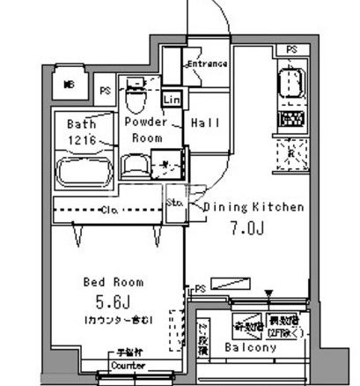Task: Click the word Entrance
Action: tap(208, 64)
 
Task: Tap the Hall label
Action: tap(205, 123)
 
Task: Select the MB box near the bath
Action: tap(69, 85)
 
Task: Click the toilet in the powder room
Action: tap(135, 88)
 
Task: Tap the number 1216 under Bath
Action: tap(82, 138)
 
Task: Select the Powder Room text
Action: tap(143, 130)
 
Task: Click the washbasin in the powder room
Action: tap(134, 164)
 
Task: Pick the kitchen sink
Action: tap(291, 85)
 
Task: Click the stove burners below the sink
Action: tap(291, 118)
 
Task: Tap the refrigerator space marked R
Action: tap(290, 155)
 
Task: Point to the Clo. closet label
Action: tap(112, 211)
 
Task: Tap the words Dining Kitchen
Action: tap(254, 207)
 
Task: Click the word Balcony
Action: tap(250, 348)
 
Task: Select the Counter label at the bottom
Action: tap(128, 365)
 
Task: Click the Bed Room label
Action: tap(114, 282)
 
